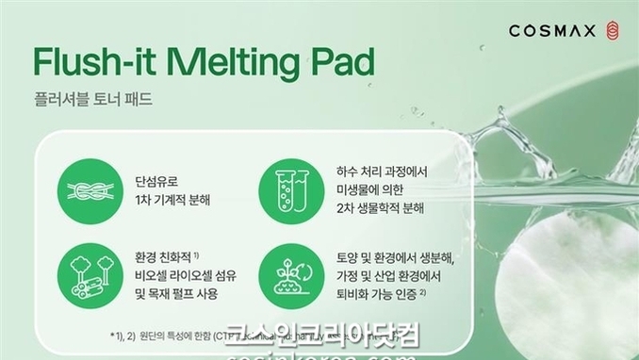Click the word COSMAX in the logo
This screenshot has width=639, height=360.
click(550, 30)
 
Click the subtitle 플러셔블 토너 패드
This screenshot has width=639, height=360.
click(91, 98)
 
